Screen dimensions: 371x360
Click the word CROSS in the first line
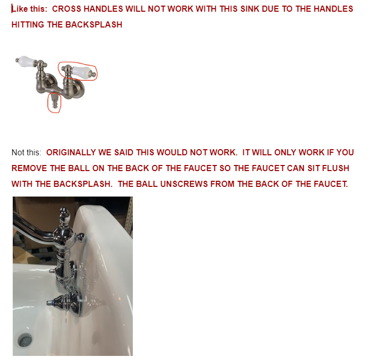[x=67, y=9]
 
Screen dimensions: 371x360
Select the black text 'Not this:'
[x=26, y=152]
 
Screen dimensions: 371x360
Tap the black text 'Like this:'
[x=30, y=9]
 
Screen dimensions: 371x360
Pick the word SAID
[x=124, y=152]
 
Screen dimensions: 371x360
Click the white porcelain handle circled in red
[x=81, y=71]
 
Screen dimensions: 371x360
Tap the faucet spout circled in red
[x=54, y=101]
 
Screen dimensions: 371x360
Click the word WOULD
[x=172, y=152]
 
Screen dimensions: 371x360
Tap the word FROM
[x=222, y=184]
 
